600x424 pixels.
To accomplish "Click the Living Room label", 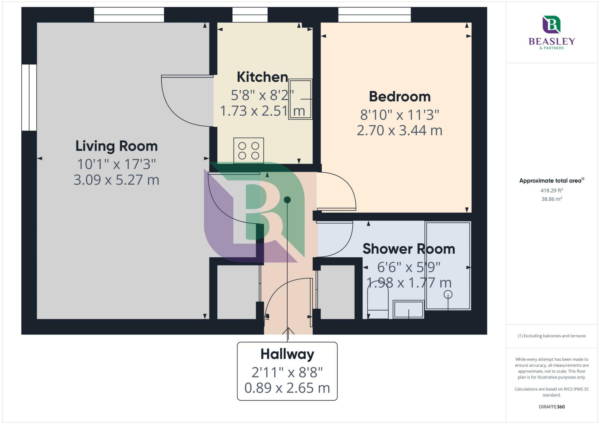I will [x=117, y=146].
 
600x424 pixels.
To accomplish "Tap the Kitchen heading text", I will [x=262, y=77].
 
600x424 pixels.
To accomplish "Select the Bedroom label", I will [x=400, y=97].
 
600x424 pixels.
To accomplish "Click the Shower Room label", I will [x=409, y=249].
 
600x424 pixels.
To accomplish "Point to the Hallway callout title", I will [x=287, y=354].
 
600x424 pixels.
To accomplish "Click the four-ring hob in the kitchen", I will [x=248, y=151].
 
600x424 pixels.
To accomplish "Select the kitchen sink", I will [x=300, y=99].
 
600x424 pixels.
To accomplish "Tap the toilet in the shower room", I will [x=378, y=302].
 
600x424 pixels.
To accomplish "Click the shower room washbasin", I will [x=408, y=309].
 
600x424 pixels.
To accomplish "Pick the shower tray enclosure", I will [x=448, y=266].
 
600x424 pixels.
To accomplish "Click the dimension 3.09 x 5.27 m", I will [x=117, y=180].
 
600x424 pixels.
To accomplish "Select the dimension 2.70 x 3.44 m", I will [x=400, y=130].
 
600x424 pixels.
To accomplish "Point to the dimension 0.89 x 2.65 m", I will [x=287, y=388].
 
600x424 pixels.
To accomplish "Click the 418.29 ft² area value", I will [x=552, y=191].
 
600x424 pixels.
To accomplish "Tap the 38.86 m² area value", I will [x=552, y=199].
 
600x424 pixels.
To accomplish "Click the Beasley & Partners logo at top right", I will [x=552, y=32].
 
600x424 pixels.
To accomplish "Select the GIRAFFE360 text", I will [x=552, y=407].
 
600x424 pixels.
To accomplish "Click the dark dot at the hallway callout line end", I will [x=287, y=200].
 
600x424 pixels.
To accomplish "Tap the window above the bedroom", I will [x=374, y=15].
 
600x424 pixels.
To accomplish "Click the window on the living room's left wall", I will [x=29, y=98].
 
